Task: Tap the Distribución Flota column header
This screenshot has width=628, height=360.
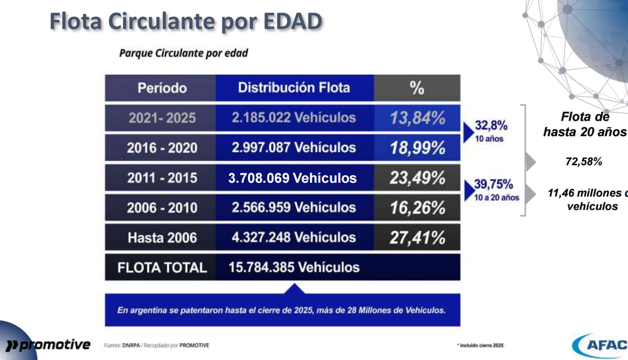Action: [x=295, y=88]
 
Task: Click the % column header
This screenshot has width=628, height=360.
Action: [x=417, y=88]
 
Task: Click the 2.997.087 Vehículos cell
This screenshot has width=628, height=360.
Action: [x=295, y=148]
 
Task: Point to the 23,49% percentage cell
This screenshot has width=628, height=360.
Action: [x=417, y=178]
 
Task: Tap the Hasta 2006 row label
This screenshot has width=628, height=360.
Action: [x=162, y=237]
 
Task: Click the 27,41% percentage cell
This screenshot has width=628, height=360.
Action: [x=417, y=237]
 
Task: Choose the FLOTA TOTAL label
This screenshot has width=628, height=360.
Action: [x=162, y=268]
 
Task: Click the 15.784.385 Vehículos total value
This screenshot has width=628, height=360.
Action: [x=294, y=268]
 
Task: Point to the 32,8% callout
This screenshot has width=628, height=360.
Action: [x=491, y=126]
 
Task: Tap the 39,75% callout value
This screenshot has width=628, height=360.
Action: [x=494, y=184]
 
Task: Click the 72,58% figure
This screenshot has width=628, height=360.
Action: [x=584, y=161]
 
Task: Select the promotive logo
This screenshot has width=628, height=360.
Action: [x=48, y=345]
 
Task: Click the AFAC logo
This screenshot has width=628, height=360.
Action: [x=600, y=345]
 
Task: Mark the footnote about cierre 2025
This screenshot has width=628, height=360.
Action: [x=480, y=345]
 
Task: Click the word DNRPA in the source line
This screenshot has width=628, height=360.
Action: [x=131, y=345]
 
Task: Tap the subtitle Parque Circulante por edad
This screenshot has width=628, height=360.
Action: [x=183, y=53]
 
